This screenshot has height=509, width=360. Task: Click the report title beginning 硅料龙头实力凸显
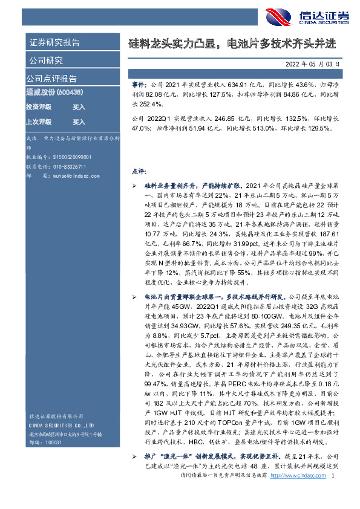click(x=232, y=44)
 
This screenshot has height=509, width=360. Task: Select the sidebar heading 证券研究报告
click(x=54, y=43)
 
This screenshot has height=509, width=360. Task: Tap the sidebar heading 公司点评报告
click(x=51, y=79)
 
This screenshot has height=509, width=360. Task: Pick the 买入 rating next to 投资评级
click(x=79, y=107)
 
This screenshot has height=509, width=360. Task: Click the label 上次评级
click(x=38, y=122)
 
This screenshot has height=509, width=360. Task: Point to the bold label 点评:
click(x=139, y=171)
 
